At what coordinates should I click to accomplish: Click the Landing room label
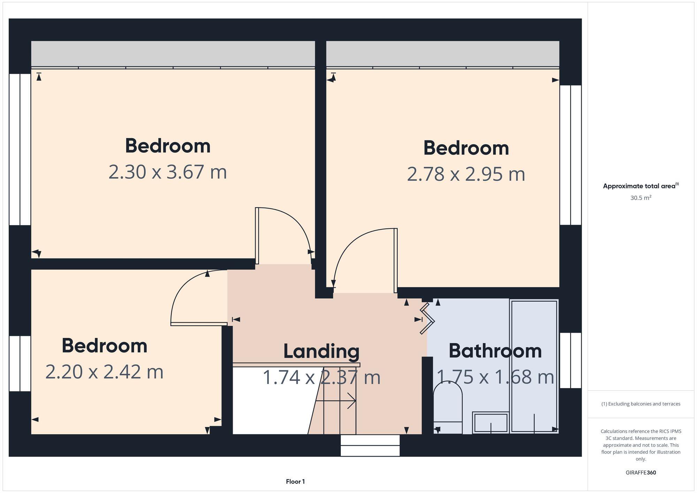click(321, 351)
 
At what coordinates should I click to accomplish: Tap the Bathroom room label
click(495, 351)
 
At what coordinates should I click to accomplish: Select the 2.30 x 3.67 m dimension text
click(168, 172)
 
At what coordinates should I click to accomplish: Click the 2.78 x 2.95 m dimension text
click(466, 174)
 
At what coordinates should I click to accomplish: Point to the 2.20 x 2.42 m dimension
click(104, 372)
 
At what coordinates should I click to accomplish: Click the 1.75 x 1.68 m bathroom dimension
click(495, 377)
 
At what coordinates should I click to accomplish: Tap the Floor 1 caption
click(295, 482)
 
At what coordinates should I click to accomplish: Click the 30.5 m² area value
click(641, 198)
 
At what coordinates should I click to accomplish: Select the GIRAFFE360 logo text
click(641, 473)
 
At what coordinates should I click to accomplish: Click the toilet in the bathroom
click(447, 408)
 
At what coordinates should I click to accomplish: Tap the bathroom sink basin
click(491, 423)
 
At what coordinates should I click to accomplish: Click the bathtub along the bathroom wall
click(534, 366)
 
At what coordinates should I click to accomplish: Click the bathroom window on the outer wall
click(570, 360)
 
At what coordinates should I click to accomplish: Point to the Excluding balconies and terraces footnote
click(641, 404)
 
